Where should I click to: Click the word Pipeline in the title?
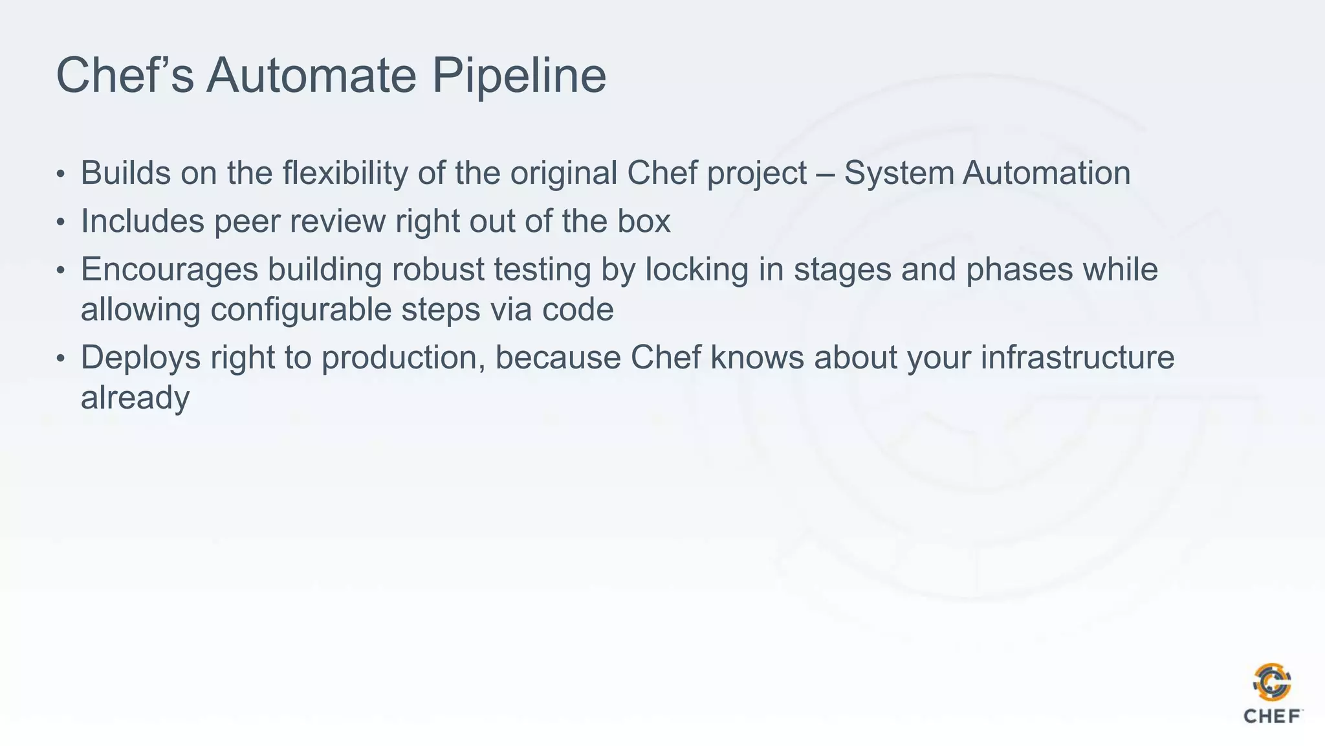point(519,76)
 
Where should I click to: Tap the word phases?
point(1020,270)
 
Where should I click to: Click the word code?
point(578,310)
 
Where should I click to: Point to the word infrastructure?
point(1077,357)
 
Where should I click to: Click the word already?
point(135,398)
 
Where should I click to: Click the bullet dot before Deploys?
point(61,359)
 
